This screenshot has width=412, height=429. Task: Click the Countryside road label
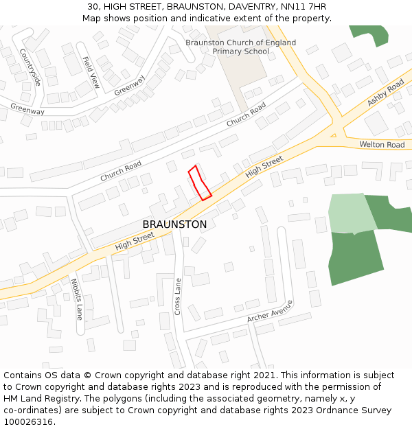point(30,67)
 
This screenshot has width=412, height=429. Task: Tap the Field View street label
point(91,73)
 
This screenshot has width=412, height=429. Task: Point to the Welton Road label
point(382,145)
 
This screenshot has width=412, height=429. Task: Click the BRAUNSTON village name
point(174,224)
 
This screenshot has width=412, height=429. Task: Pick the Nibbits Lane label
point(76,299)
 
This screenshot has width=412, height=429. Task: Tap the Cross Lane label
point(177,296)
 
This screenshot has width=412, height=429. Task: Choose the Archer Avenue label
point(270,312)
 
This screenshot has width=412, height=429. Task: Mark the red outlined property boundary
point(199,183)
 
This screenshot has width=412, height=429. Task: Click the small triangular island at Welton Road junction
point(334,135)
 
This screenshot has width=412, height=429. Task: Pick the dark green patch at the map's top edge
point(369,34)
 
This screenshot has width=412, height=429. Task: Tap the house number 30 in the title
point(93,7)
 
